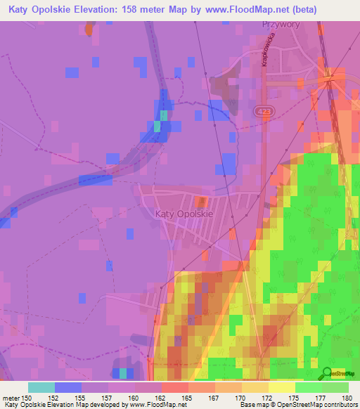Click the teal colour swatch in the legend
click(x=41, y=387)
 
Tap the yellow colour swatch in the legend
click(x=281, y=387)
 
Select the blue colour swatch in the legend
click(x=68, y=387)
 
